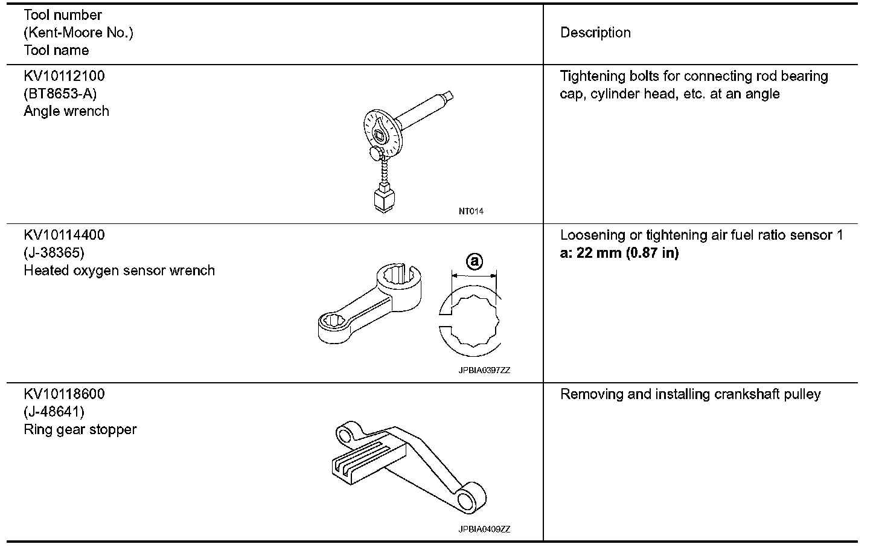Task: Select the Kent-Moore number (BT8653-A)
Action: tap(60, 94)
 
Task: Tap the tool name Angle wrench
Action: tap(66, 111)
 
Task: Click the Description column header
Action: tap(595, 33)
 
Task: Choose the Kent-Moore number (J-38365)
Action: tap(54, 252)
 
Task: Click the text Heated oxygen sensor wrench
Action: tap(119, 270)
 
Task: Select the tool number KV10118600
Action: tap(64, 394)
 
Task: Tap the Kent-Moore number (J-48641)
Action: tap(54, 412)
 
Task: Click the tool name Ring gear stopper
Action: tap(80, 429)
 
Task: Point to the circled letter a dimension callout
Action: tap(475, 261)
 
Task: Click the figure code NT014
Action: tap(471, 211)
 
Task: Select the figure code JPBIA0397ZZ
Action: tap(484, 370)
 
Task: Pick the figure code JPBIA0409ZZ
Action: tap(484, 529)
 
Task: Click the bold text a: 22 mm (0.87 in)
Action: tap(619, 253)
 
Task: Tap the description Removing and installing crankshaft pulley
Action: tap(691, 394)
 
